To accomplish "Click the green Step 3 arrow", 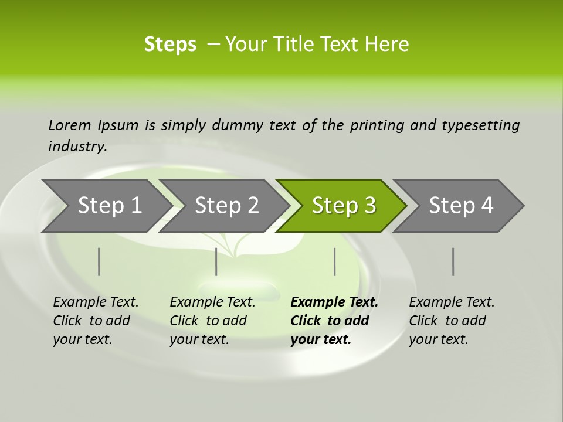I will click(x=343, y=206).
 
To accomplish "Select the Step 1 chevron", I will click(x=110, y=206).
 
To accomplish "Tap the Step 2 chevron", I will click(x=226, y=206).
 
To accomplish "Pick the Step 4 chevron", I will click(x=461, y=206).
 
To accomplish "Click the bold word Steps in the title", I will click(x=170, y=45).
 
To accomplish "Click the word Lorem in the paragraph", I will click(x=70, y=125).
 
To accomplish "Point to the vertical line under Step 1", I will click(x=99, y=261).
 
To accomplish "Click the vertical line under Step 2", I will click(x=216, y=261).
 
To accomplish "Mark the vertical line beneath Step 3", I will click(x=334, y=261).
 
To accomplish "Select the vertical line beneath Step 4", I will click(x=453, y=261).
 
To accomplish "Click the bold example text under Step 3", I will click(x=334, y=321).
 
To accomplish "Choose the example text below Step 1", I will click(x=96, y=321).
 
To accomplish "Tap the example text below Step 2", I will click(x=212, y=321).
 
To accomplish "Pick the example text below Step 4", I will click(x=452, y=321).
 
